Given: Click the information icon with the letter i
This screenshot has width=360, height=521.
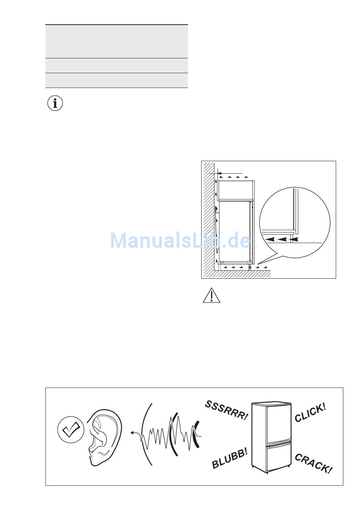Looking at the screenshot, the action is pyautogui.click(x=55, y=103).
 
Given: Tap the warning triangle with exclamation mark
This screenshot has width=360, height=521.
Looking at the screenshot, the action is pyautogui.click(x=211, y=296).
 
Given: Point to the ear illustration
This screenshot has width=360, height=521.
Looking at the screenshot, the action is pyautogui.click(x=103, y=436).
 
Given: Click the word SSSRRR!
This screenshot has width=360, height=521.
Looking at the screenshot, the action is pyautogui.click(x=226, y=411).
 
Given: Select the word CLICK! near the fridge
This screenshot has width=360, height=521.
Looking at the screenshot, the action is pyautogui.click(x=310, y=413).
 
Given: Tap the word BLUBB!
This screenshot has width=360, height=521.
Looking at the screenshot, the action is pyautogui.click(x=230, y=458).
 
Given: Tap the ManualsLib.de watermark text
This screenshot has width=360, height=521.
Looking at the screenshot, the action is pyautogui.click(x=180, y=240).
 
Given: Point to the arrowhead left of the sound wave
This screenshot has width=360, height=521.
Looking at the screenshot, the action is pyautogui.click(x=131, y=432).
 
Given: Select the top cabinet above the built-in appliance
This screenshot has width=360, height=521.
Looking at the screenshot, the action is pyautogui.click(x=235, y=190).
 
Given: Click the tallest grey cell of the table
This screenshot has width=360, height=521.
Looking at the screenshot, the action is pyautogui.click(x=117, y=41).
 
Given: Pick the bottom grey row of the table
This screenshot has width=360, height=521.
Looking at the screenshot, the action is pyautogui.click(x=117, y=80).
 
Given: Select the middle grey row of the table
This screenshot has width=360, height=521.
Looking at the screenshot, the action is pyautogui.click(x=117, y=66).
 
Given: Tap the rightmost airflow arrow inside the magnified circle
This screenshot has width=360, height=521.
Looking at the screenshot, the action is pyautogui.click(x=295, y=239).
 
